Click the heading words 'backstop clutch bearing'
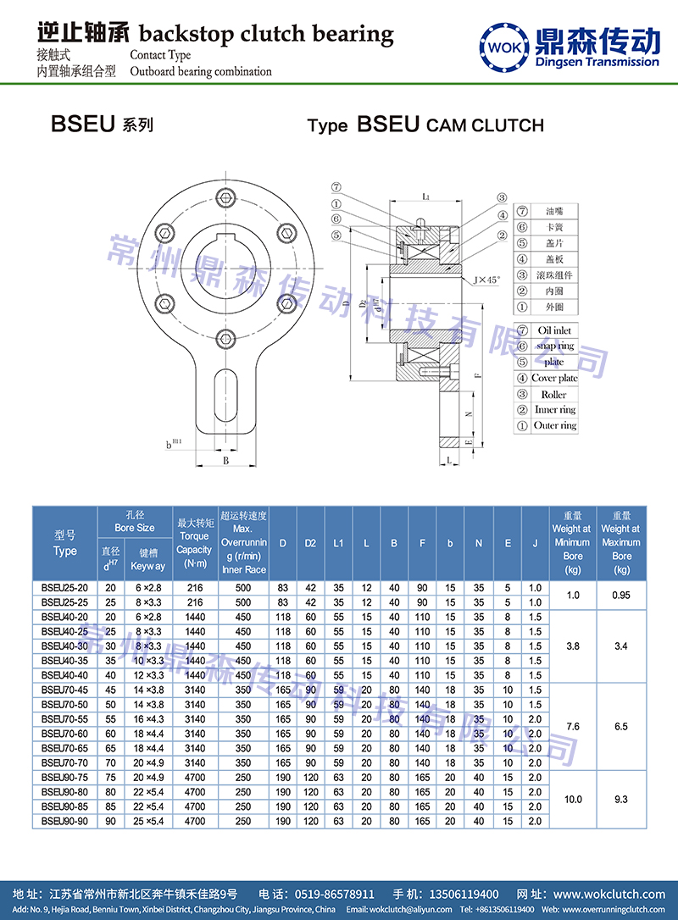click(265, 35)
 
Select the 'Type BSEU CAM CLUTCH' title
click(425, 125)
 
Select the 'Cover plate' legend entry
click(554, 378)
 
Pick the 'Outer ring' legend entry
click(554, 425)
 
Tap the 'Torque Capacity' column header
click(194, 542)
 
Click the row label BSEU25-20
click(64, 586)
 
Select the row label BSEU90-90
click(64, 821)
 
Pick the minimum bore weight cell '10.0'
click(572, 799)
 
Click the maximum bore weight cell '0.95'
click(621, 595)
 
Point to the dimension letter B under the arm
click(225, 462)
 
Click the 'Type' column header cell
click(64, 543)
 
